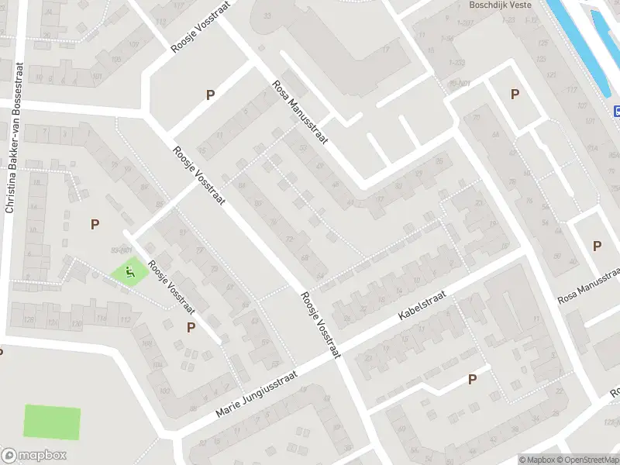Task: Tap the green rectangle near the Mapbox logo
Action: coord(52,422)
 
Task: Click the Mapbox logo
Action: coord(33,456)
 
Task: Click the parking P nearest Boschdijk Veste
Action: coord(515,95)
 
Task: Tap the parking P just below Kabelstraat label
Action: coord(471,379)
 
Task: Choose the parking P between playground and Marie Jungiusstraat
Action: coord(191,327)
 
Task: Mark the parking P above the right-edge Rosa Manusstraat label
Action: coord(597,246)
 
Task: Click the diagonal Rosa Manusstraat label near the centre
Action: coord(301,112)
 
